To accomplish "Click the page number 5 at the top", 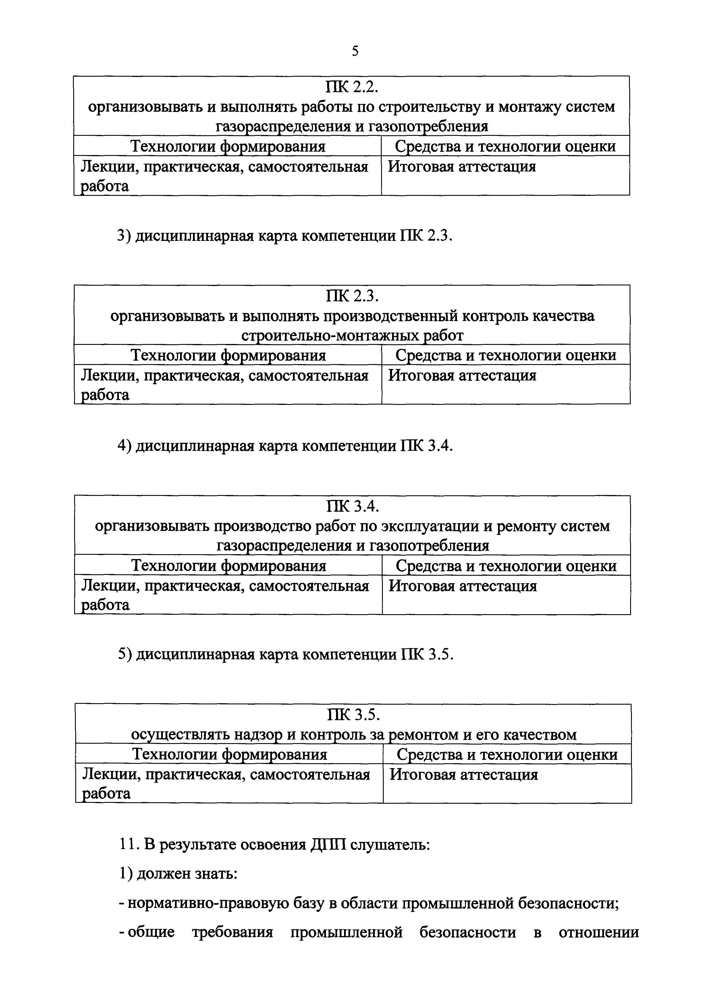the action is pyautogui.click(x=355, y=51).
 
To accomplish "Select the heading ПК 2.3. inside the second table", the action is pyautogui.click(x=352, y=297).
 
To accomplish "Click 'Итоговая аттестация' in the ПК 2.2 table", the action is pyautogui.click(x=462, y=167).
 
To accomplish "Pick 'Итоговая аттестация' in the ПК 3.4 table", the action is pyautogui.click(x=463, y=586).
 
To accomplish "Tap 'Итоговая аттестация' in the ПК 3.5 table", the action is pyautogui.click(x=464, y=774).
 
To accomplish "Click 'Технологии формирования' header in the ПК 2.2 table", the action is pyautogui.click(x=228, y=146).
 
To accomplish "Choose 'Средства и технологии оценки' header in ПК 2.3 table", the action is pyautogui.click(x=506, y=355).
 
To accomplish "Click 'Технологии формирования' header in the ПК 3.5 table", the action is pyautogui.click(x=230, y=754).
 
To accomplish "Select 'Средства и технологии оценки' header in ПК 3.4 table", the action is pyautogui.click(x=506, y=566).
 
